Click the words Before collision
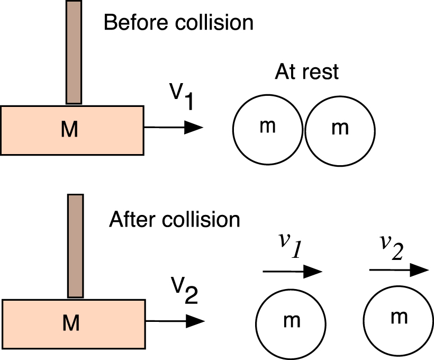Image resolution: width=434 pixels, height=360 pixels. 178,23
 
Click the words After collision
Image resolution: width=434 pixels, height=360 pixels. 174,219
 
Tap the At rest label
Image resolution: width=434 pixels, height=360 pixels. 306,72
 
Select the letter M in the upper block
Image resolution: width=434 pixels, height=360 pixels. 69,130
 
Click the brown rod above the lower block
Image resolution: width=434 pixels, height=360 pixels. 76,246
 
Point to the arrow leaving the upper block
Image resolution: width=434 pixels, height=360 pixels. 173,127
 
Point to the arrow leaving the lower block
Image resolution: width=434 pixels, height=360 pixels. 175,321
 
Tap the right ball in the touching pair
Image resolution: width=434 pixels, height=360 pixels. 340,129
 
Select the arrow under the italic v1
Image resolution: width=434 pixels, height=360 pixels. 292,272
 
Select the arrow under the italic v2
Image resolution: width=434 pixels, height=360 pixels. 398,269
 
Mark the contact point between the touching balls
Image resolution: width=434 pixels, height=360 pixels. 304,129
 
